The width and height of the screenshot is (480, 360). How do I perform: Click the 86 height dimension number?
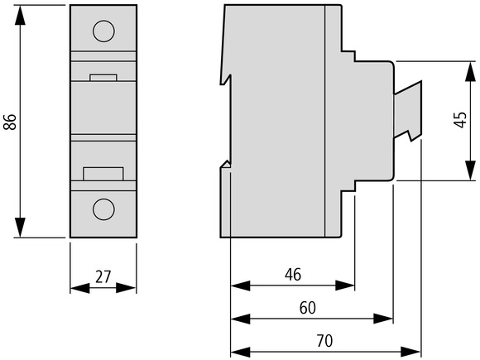coord(10,122)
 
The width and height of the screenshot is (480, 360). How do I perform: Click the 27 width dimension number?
coord(103,276)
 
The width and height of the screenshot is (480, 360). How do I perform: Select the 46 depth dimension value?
coord(293,274)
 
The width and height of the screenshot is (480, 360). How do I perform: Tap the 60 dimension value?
coord(307,308)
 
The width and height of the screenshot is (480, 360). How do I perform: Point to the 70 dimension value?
coord(324,341)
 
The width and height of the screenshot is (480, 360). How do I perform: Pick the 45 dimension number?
coord(460,119)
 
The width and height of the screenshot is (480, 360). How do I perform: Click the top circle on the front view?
coord(103,31)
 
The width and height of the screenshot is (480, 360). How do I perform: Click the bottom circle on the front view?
coord(103,209)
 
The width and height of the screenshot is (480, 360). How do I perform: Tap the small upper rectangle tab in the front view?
coord(103,78)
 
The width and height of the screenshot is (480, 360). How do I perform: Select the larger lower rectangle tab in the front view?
coord(103,174)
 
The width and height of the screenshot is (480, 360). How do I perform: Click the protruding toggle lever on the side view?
coord(408,111)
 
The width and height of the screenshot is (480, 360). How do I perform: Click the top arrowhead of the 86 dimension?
coord(20,15)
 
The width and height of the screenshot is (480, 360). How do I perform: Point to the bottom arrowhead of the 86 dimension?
coord(20,227)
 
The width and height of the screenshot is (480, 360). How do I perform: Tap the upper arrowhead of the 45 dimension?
coord(471,71)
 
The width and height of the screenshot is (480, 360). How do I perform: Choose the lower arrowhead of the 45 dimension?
coord(471,170)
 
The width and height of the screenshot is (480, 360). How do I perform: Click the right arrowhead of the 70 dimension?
coord(411,352)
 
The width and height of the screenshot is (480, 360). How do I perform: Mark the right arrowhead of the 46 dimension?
coord(345,286)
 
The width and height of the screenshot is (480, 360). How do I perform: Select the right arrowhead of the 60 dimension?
coord(383,319)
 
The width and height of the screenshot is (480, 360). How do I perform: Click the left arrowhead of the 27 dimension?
coord(80,288)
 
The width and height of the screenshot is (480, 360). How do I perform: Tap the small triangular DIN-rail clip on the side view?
coord(227,164)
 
